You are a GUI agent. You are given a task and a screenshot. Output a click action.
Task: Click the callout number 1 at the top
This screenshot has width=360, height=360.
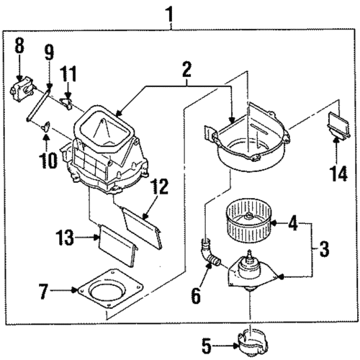click(170, 12)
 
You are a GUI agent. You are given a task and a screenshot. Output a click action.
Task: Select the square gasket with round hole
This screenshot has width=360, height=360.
click(114, 295)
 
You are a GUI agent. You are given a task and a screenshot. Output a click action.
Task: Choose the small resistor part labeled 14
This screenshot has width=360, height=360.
click(336, 123)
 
